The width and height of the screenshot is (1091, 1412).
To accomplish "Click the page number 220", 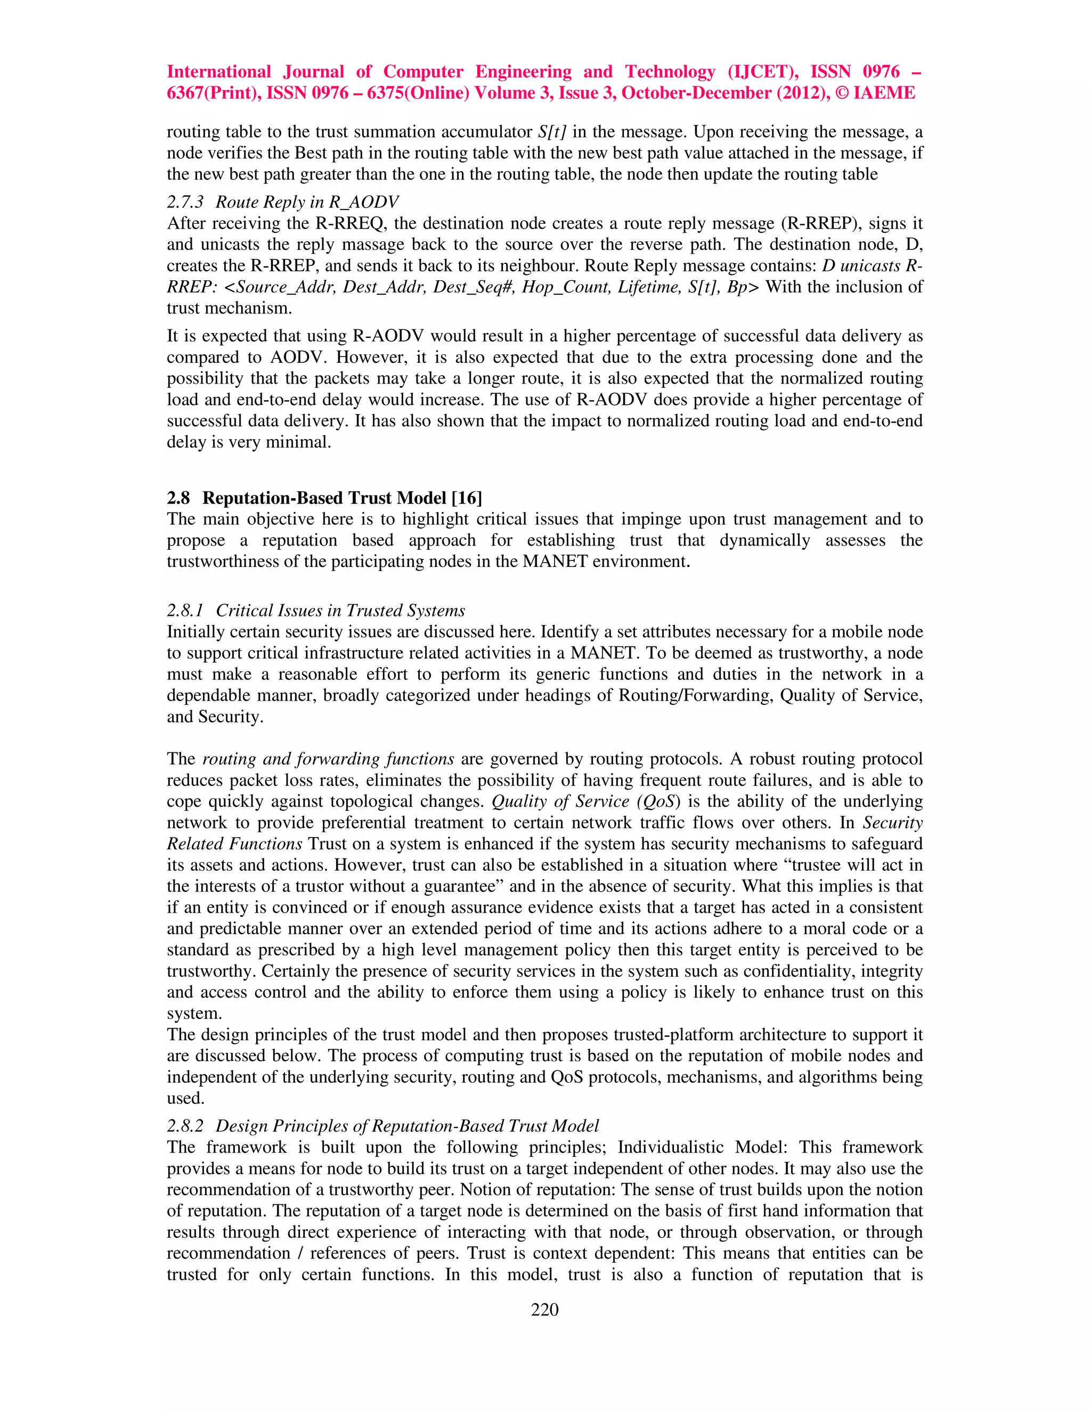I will coord(544,1309).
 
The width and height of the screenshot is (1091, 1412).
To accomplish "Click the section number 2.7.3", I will coord(185,202).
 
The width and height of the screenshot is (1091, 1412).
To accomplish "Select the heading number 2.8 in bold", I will coord(178,498).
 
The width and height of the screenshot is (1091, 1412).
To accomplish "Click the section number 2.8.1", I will coord(185,610).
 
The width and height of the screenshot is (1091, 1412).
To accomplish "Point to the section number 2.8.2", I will coord(185,1125).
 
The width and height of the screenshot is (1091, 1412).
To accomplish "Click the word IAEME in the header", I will coord(884,93).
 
